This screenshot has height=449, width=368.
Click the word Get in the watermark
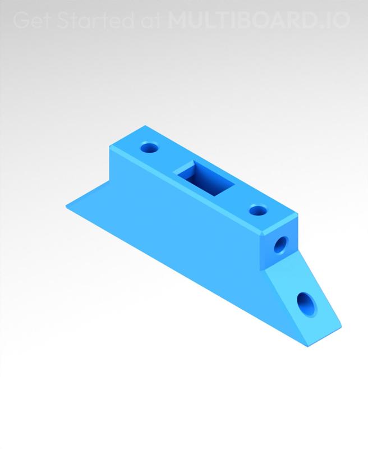tap(30, 21)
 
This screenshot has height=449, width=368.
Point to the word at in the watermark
tap(150, 21)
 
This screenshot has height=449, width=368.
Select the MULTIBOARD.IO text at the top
tap(259, 21)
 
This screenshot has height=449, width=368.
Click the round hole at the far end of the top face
tap(149, 149)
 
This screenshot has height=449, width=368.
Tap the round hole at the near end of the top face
tap(257, 211)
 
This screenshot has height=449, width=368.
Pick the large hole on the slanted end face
tap(306, 305)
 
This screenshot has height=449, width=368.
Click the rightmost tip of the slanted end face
tap(341, 324)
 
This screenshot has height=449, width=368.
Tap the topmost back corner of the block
tap(145, 126)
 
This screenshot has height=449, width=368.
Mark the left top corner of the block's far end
tap(109, 145)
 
